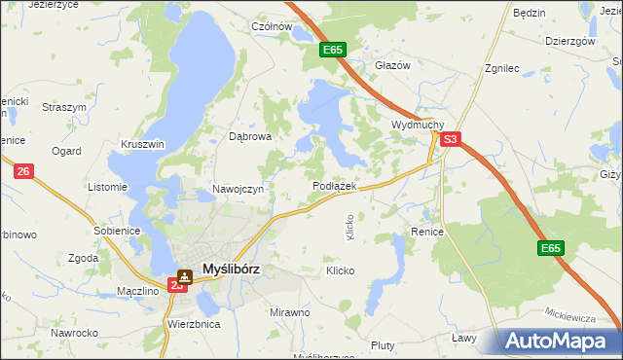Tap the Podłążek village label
pyautogui.click(x=336, y=185)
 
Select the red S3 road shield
pyautogui.click(x=450, y=140)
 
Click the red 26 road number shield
pyautogui.click(x=24, y=171)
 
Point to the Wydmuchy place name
pyautogui.click(x=418, y=126)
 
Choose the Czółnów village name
pyautogui.click(x=272, y=27)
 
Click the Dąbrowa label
pyautogui.click(x=249, y=137)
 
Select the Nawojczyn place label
pyautogui.click(x=238, y=189)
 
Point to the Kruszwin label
pyautogui.click(x=143, y=143)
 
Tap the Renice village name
pyautogui.click(x=427, y=233)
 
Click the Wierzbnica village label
pyautogui.click(x=194, y=323)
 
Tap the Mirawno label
pyautogui.click(x=289, y=312)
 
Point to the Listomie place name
pyautogui.click(x=107, y=187)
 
